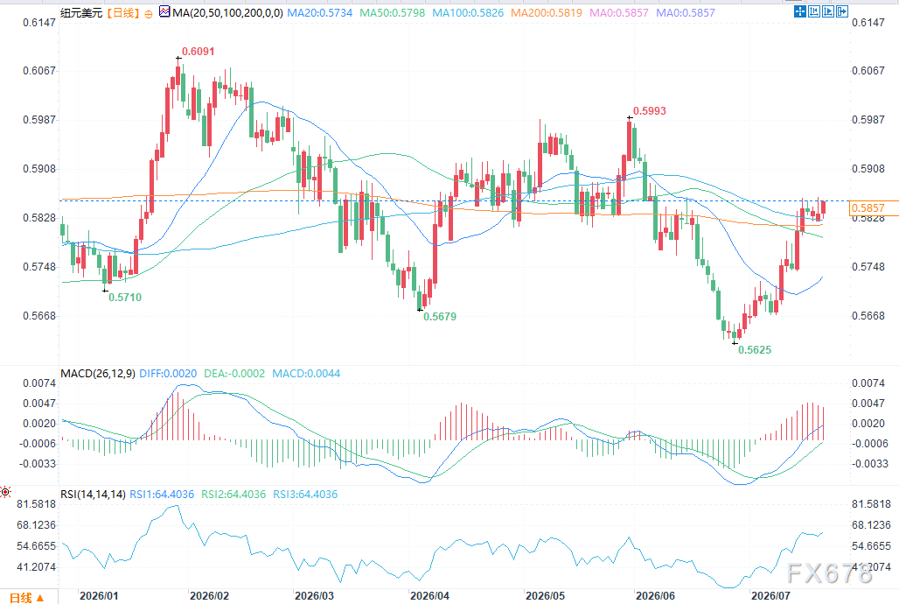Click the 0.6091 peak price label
click(198, 52)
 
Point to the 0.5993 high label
click(649, 111)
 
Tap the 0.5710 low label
click(125, 298)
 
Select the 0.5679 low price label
click(440, 316)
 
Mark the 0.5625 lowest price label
click(755, 349)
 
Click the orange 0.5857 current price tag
click(868, 207)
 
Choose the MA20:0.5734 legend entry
click(319, 12)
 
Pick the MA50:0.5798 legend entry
click(392, 12)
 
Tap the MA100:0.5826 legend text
click(468, 12)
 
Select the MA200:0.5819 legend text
click(547, 12)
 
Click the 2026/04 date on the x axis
click(430, 595)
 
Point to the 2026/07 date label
click(770, 595)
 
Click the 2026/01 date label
click(99, 595)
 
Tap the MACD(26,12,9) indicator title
click(98, 374)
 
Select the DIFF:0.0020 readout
click(168, 374)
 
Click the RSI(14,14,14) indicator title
click(93, 495)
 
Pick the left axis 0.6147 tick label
click(39, 23)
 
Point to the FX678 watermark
click(830, 573)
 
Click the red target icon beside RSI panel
click(5, 492)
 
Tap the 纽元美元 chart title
click(81, 12)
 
